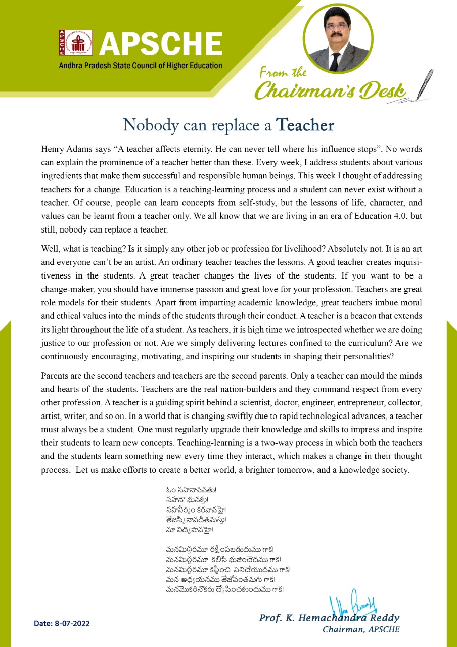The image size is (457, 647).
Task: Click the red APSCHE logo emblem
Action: tap(68, 42)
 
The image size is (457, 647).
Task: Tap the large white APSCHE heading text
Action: tap(161, 43)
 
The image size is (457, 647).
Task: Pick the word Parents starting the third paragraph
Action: tap(57, 377)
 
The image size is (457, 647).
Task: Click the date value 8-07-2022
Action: tap(71, 623)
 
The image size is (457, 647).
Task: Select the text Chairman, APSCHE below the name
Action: tap(360, 629)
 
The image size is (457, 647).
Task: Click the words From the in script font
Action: tap(283, 73)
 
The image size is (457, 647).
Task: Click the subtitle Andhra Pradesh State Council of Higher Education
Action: tap(141, 65)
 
